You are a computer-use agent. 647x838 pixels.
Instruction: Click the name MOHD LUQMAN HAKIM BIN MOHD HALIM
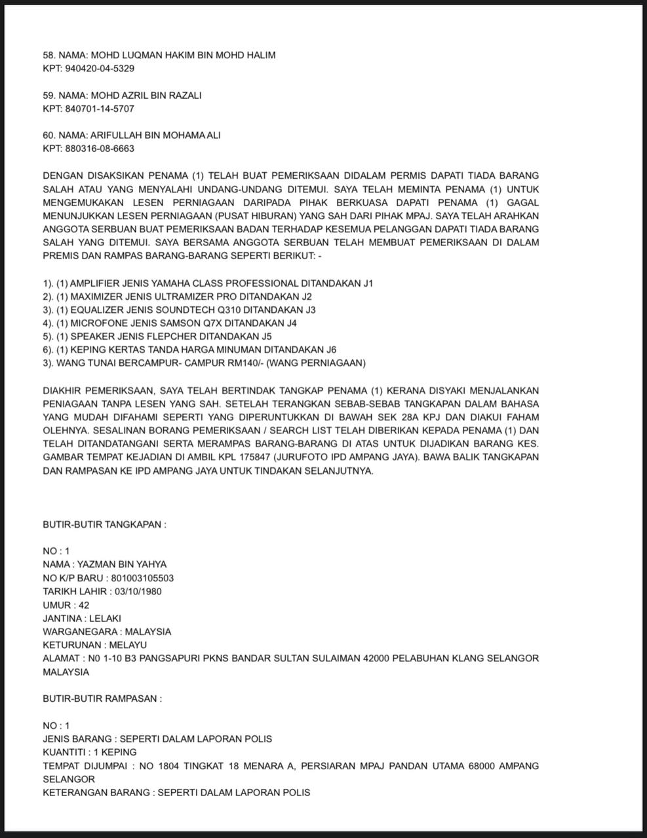(183, 55)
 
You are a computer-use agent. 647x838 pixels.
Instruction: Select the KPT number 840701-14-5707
(100, 109)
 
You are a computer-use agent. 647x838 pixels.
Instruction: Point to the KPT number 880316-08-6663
(100, 149)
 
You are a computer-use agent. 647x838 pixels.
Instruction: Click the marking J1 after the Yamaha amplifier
(368, 283)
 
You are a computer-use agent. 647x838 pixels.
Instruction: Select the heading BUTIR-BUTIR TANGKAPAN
(104, 524)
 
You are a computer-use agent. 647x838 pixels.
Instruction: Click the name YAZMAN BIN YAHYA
(122, 564)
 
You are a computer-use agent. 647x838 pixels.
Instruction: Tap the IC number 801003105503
(142, 578)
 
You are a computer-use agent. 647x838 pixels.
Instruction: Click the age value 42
(84, 605)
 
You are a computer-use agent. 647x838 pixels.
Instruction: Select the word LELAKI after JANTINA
(105, 618)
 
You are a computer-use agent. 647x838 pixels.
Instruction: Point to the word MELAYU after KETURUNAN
(128, 645)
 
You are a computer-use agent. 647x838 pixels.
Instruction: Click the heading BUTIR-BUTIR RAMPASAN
(102, 699)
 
